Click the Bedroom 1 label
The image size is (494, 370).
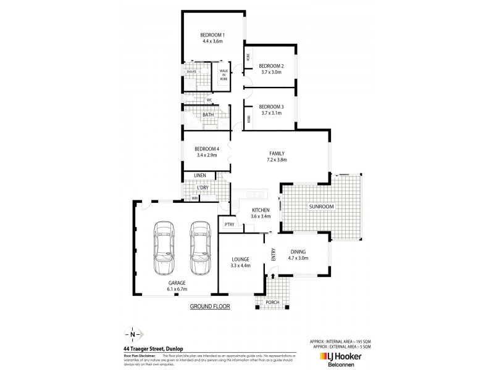(x=212, y=35)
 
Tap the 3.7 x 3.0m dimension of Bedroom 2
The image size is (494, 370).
(x=271, y=72)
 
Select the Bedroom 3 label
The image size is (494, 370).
(x=271, y=106)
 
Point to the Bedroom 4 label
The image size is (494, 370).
(x=206, y=149)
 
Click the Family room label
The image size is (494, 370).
(x=275, y=153)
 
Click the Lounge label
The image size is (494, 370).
(x=240, y=259)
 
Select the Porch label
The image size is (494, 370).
(x=272, y=302)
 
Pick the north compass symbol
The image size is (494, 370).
(x=132, y=335)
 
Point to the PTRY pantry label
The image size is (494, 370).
(x=228, y=224)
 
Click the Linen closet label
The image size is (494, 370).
(x=199, y=176)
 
